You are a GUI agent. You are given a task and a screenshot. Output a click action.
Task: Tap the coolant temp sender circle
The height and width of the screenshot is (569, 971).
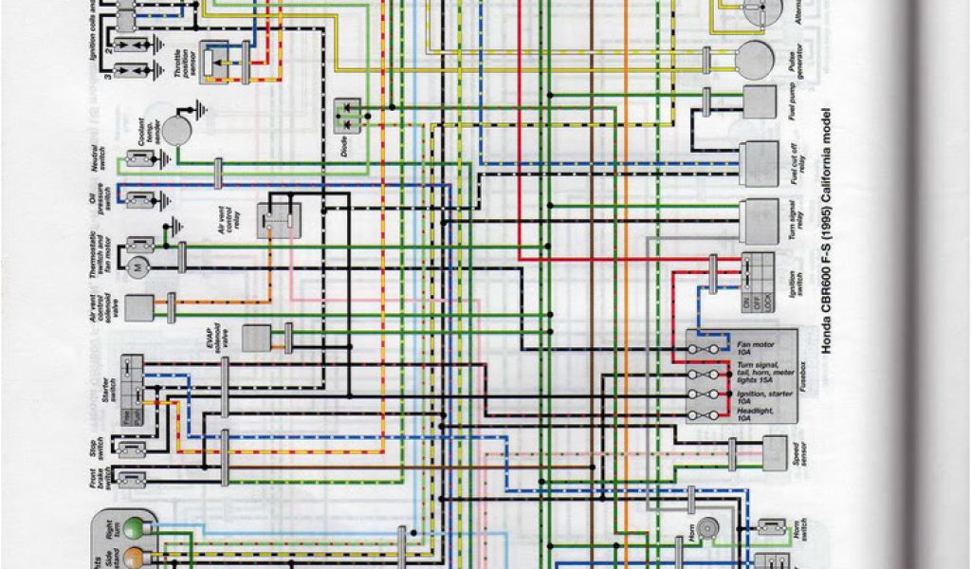point(174,131)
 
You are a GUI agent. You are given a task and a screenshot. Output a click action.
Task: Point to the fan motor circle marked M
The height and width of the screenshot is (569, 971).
point(138,267)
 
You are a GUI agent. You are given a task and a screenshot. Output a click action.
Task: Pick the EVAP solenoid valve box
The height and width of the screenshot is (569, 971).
point(256,339)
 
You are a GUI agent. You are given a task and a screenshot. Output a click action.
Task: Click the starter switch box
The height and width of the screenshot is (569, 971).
point(132,389)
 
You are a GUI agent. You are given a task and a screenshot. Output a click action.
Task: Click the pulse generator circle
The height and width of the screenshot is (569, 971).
point(755,59)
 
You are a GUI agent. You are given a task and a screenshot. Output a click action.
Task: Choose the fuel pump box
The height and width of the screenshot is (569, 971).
point(760,101)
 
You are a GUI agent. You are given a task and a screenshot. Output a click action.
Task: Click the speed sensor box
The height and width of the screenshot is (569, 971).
point(775,451)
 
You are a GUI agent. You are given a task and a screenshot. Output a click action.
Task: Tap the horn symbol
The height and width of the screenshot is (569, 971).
point(706,528)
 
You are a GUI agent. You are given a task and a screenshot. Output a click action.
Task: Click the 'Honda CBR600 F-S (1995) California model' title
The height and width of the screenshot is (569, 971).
point(827,229)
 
